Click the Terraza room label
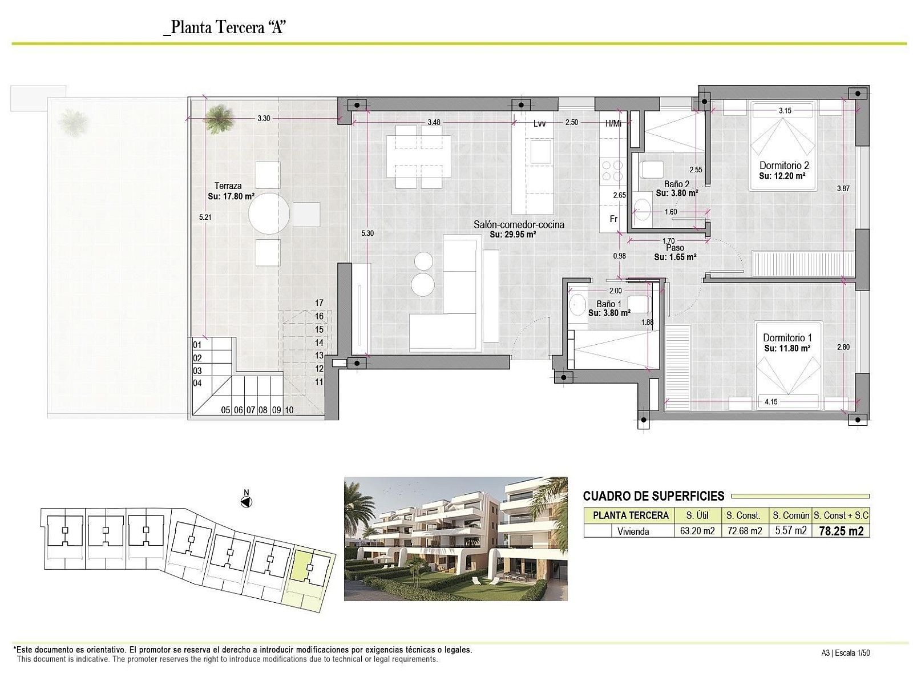pos(228,186)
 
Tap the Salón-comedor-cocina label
pos(519,224)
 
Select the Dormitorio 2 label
pos(784,166)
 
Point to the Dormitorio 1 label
pos(787,338)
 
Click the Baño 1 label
pos(608,304)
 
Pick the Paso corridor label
pos(674,248)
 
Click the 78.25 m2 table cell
pos(841,531)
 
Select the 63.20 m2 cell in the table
pos(697,531)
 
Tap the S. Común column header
pos(791,515)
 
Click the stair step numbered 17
pos(319,303)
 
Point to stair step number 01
pos(197,345)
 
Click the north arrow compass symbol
pos(247,502)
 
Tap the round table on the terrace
pos(269,213)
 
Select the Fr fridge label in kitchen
pos(613,219)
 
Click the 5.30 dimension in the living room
pos(367,233)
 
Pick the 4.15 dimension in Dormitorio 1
pos(771,402)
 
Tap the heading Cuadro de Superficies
pos(653,495)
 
